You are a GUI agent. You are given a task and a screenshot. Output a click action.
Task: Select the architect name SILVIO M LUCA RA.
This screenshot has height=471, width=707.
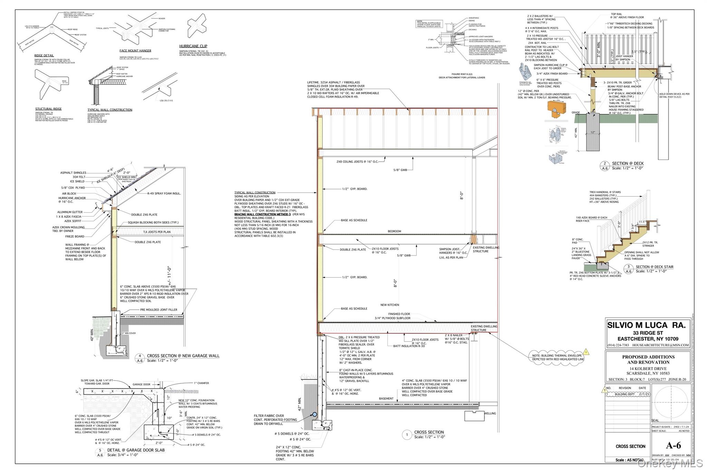[646, 325]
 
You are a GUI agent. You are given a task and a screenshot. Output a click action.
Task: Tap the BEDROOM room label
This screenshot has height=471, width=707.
[394, 231]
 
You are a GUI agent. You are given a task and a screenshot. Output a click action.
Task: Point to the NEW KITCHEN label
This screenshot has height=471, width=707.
[390, 305]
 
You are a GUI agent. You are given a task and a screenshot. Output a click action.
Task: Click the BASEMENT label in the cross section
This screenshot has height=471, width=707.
[386, 398]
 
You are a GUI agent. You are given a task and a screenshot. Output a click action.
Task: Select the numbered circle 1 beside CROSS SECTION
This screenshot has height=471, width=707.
[407, 435]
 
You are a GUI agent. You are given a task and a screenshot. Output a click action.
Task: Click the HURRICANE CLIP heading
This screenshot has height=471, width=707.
[193, 46]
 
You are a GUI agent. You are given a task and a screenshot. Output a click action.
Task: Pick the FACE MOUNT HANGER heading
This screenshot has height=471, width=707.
[135, 51]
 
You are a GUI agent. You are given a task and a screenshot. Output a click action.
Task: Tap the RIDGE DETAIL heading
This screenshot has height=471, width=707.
[44, 56]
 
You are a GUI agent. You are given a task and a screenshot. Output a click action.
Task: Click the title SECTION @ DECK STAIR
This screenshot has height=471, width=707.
[655, 267]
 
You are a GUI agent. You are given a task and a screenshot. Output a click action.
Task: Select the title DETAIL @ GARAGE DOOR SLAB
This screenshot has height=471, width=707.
[136, 450]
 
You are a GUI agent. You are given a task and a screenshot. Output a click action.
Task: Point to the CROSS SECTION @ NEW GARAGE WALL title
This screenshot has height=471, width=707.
[183, 356]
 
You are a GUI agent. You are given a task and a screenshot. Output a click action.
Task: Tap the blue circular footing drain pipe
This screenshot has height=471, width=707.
[314, 414]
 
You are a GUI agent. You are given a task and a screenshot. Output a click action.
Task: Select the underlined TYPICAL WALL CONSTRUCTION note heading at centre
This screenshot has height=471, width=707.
[255, 193]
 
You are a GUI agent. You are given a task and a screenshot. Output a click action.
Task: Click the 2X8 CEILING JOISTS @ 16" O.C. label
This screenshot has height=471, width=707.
[357, 162]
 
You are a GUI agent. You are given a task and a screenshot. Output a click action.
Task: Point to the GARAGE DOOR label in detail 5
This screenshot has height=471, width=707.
[142, 384]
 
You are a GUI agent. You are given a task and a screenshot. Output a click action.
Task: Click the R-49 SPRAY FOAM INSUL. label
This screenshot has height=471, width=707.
[164, 193]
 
